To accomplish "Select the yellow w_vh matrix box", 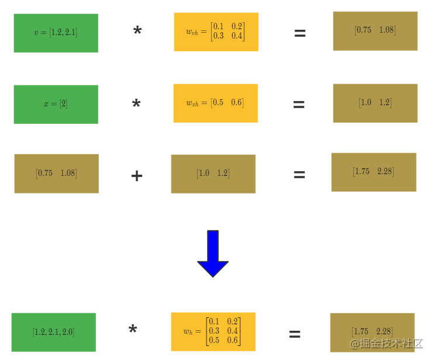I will tap(216, 32).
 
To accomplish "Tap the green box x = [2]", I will tap(56, 104).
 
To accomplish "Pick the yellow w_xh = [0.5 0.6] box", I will tap(215, 103).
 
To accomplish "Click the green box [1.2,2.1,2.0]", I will tap(53, 332).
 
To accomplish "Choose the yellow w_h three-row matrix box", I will tap(213, 331).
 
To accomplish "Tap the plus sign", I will tap(136, 175).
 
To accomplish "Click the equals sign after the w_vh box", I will tap(299, 34).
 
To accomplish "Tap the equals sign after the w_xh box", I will tap(298, 105).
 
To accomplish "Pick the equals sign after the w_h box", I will tap(295, 334).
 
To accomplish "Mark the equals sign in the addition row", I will tap(299, 175).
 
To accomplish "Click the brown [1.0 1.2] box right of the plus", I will tap(213, 174).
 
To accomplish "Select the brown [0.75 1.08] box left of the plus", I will tap(56, 173).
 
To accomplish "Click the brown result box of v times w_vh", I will tap(375, 30).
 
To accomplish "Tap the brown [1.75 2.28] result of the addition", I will tap(373, 172).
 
